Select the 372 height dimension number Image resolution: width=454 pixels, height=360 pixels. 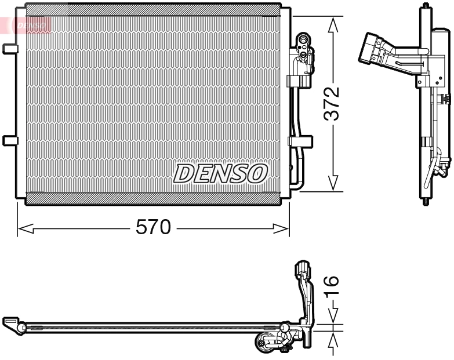pyautogui.click(x=331, y=104)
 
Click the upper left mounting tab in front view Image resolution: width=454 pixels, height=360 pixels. pyautogui.click(x=9, y=49)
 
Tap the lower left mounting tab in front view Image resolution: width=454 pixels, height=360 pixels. pyautogui.click(x=9, y=140)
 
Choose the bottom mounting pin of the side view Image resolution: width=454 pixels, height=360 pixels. pyautogui.click(x=427, y=203)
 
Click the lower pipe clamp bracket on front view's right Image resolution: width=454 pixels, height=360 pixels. pyautogui.click(x=302, y=140)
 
